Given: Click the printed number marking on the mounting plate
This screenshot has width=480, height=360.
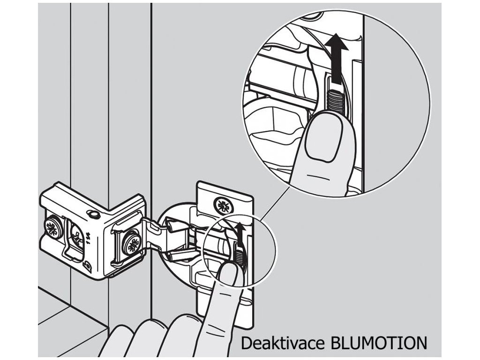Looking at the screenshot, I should (x=89, y=242).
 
